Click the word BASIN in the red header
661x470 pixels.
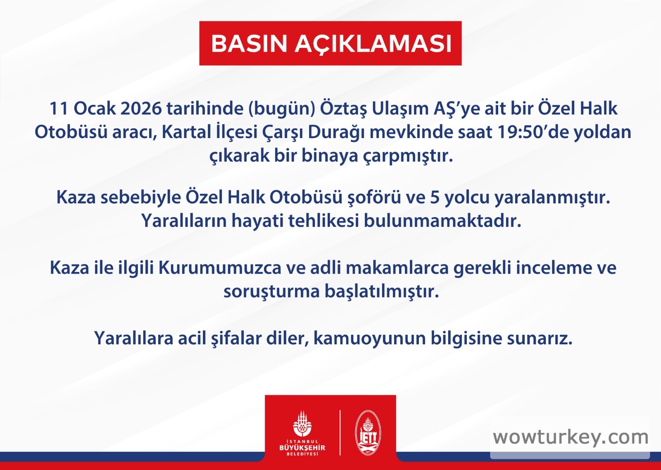pos(249,44)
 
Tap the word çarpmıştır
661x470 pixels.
pos(408,156)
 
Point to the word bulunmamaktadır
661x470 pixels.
pos(442,221)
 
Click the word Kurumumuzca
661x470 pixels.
pos(220,268)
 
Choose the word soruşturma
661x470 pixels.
pos(272,292)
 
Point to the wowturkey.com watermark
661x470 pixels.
pos(571,438)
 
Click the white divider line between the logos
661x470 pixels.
pos(340,433)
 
